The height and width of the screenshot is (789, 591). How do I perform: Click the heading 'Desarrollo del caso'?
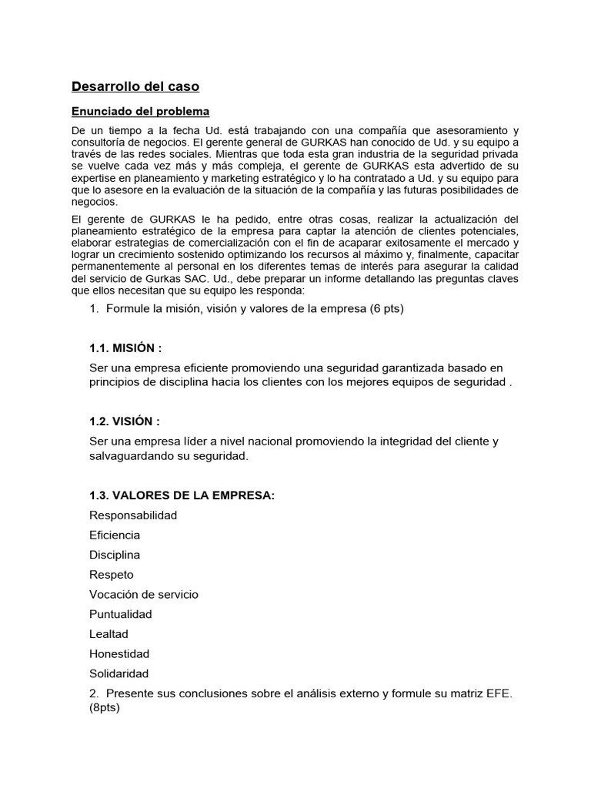[x=135, y=86]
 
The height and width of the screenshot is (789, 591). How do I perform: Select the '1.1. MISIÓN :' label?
[x=125, y=348]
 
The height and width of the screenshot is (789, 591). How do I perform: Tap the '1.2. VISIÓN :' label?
[x=125, y=421]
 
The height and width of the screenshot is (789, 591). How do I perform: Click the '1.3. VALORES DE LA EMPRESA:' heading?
[x=182, y=495]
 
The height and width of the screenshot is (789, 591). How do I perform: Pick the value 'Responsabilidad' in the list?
[x=133, y=515]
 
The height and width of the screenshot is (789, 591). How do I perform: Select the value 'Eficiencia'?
[x=115, y=535]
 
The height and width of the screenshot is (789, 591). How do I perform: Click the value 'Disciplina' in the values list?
[x=115, y=555]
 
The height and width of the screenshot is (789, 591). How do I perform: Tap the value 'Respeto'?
[x=112, y=574]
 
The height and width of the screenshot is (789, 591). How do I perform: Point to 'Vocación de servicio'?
[x=144, y=594]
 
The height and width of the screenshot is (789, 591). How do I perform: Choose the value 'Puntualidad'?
[x=121, y=614]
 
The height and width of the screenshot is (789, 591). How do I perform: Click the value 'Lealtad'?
[x=109, y=634]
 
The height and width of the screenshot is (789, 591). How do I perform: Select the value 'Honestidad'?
[x=119, y=653]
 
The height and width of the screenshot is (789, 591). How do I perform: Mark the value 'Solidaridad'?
[x=119, y=673]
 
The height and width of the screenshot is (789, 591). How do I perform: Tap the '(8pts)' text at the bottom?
[x=105, y=708]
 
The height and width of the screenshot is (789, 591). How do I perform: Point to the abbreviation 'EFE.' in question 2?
[x=499, y=693]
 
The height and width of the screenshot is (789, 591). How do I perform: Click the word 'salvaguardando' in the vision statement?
[x=129, y=456]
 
